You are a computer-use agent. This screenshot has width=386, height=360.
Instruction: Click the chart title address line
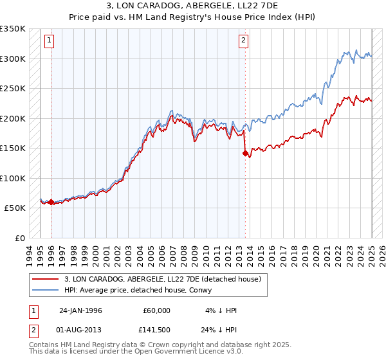click(192, 6)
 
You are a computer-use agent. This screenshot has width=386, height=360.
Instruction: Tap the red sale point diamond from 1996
click(51, 203)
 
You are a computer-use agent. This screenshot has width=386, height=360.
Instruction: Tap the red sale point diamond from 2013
click(245, 153)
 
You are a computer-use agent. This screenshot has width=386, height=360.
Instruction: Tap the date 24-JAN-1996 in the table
click(80, 310)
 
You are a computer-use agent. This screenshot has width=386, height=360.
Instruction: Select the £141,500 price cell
click(156, 330)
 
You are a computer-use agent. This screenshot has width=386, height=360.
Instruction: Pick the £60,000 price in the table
click(156, 310)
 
